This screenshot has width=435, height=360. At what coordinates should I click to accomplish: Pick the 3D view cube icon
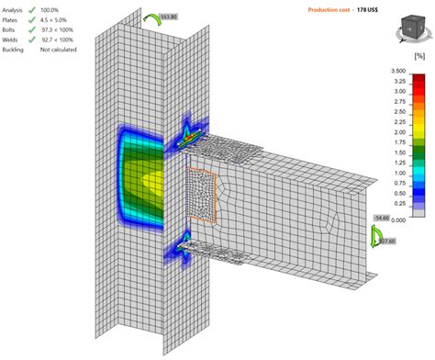coord(405,31)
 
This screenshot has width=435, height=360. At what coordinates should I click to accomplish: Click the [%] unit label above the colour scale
coord(418,57)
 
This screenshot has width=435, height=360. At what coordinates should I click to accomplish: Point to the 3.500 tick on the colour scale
coord(397,70)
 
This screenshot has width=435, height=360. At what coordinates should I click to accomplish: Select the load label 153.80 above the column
coord(168,17)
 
